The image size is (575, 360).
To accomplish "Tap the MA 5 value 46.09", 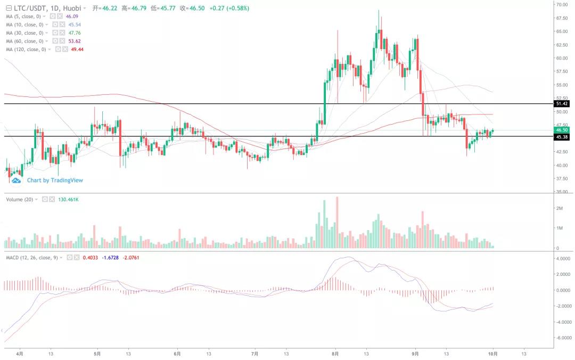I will [x=72, y=17].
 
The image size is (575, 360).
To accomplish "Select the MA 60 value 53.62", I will [x=73, y=41].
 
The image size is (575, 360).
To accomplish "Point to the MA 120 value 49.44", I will [x=77, y=50].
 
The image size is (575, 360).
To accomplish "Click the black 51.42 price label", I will [x=562, y=103].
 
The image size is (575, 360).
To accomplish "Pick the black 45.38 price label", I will [x=562, y=137].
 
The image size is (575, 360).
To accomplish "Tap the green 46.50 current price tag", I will [x=562, y=130].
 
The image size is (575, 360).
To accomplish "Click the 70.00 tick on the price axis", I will [x=562, y=4].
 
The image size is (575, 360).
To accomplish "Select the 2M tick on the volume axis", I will [x=559, y=208].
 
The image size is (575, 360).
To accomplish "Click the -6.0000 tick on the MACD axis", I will [x=564, y=338].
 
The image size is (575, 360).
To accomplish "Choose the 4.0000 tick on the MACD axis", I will [x=563, y=259].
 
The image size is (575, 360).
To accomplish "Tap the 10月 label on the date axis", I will [x=494, y=353].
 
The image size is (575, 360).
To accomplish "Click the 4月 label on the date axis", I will [x=20, y=353].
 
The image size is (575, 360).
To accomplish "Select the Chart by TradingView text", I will [x=55, y=180].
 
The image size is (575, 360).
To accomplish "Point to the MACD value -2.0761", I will [x=131, y=258].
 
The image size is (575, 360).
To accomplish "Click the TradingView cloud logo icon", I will [x=17, y=180].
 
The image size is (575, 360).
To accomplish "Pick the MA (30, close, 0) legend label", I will [x=24, y=33].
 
